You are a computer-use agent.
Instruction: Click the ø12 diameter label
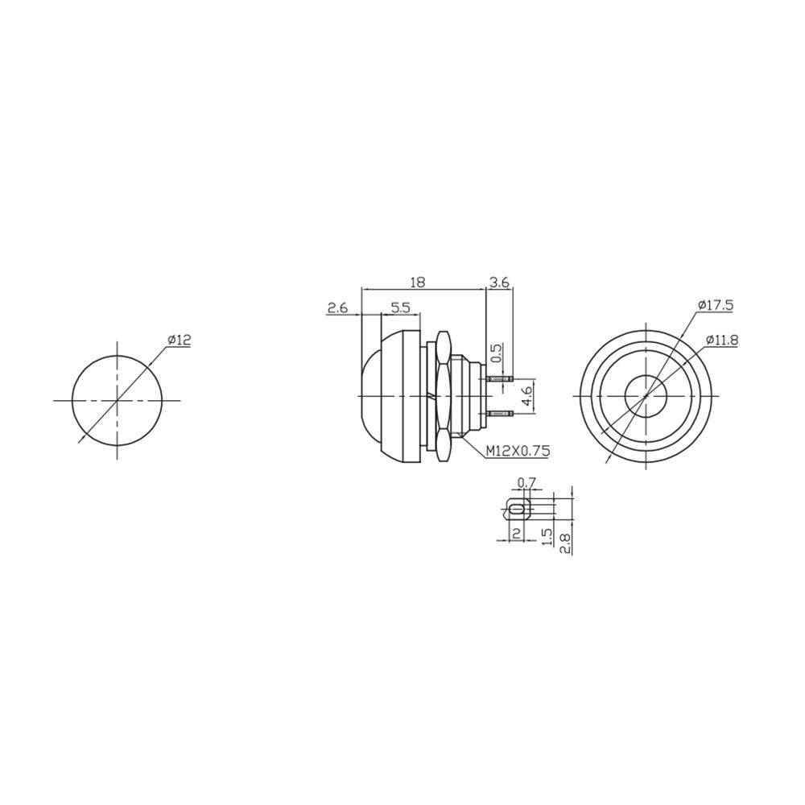[179, 340]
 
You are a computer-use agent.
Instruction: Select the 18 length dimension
[418, 283]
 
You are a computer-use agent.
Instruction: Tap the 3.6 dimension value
[499, 283]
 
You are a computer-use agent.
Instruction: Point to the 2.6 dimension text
[338, 308]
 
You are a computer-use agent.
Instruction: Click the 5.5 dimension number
[400, 308]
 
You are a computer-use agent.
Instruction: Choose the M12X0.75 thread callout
[518, 451]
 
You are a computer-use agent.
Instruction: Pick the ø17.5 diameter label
[715, 305]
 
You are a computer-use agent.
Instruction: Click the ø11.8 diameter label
[721, 340]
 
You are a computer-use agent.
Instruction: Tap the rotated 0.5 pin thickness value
[497, 353]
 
